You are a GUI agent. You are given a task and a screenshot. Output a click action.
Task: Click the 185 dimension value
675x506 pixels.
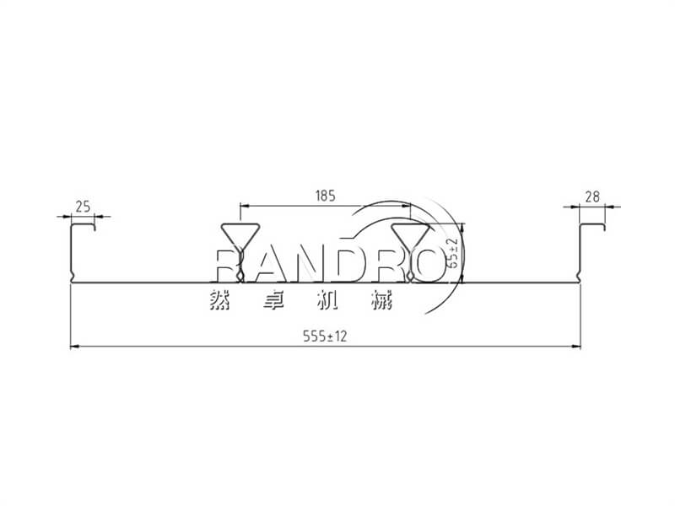click(x=325, y=196)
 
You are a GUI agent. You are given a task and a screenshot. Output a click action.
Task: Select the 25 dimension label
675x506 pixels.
click(x=83, y=207)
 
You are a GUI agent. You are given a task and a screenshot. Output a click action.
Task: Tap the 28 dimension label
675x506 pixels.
click(x=592, y=196)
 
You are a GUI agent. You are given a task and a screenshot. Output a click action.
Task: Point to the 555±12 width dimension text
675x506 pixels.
click(x=325, y=336)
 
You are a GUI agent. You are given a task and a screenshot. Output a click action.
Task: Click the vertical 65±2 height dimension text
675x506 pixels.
click(x=452, y=253)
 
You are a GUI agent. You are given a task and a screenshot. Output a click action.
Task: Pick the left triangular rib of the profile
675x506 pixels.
click(x=240, y=252)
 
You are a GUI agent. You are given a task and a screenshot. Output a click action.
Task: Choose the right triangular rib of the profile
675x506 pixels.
click(x=410, y=252)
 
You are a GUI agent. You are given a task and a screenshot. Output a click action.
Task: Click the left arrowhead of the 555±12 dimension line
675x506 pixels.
click(x=75, y=347)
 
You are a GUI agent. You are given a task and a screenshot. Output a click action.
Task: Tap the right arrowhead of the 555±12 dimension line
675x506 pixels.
click(x=575, y=347)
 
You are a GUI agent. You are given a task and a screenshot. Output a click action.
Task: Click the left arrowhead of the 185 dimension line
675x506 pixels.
click(x=245, y=206)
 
